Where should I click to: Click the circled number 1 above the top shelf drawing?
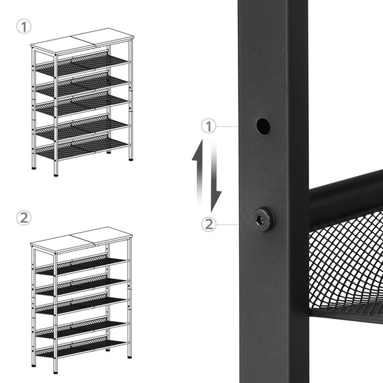tap(24, 26)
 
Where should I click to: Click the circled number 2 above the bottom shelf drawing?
tap(24, 218)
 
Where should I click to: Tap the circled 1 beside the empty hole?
tap(208, 126)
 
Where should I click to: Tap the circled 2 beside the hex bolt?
tap(208, 224)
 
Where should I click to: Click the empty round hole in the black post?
tap(263, 126)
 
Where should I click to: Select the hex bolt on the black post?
tap(263, 219)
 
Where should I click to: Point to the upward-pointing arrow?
tap(198, 171)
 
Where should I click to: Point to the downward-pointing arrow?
tap(216, 177)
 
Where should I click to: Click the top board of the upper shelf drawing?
tap(83, 41)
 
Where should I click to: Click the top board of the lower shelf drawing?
tap(82, 240)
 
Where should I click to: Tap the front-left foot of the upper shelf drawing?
tap(56, 175)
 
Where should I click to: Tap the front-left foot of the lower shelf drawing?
tap(56, 372)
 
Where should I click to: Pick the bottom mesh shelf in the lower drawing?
tap(82, 347)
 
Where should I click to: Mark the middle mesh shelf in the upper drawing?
tap(82, 105)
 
